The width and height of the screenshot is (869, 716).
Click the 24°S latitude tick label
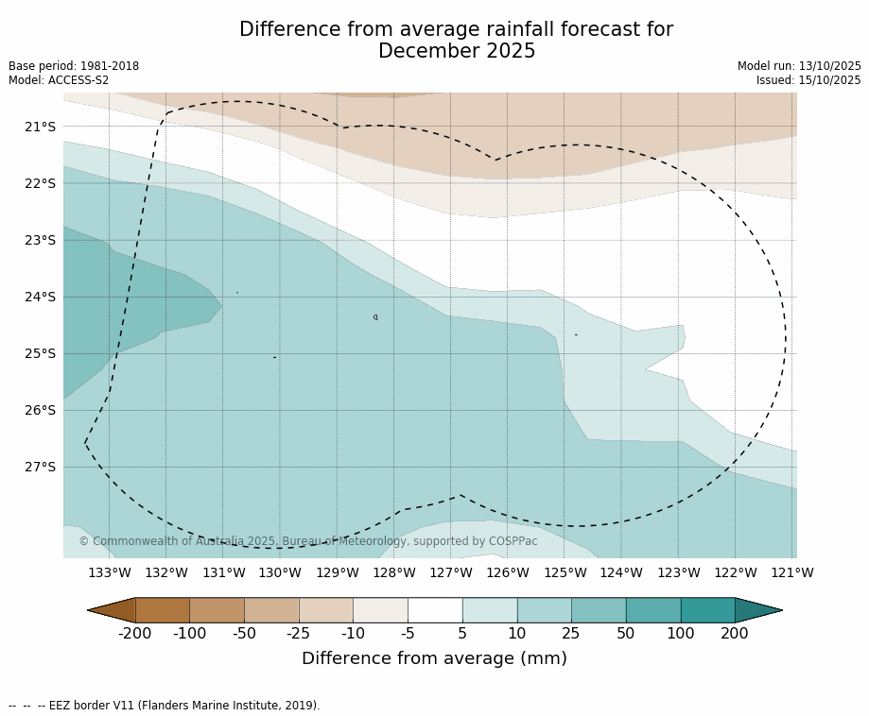click(x=40, y=297)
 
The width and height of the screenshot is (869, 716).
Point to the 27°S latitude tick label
click(x=40, y=467)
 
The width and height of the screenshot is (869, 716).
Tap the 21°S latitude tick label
click(x=40, y=127)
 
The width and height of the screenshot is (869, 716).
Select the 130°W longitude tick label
click(x=280, y=572)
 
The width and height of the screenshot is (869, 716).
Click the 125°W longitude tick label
click(x=565, y=572)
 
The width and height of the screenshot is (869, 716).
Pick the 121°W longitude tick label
click(x=792, y=572)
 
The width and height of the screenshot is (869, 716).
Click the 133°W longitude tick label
click(x=110, y=572)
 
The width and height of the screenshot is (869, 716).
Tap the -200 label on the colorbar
click(x=135, y=633)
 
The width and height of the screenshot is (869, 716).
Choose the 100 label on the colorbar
click(x=680, y=633)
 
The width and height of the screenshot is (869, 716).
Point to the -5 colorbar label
click(x=408, y=633)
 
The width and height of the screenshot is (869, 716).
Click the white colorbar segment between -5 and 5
click(x=435, y=610)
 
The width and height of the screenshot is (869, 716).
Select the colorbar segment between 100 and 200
click(x=707, y=610)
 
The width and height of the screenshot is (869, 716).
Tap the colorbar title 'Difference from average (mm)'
click(x=434, y=658)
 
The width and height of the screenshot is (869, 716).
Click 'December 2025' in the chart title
click(x=457, y=51)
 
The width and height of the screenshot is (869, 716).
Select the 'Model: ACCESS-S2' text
click(x=59, y=80)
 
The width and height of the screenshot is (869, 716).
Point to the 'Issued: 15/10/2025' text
click(x=808, y=80)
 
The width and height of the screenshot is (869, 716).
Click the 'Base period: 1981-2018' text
click(x=74, y=66)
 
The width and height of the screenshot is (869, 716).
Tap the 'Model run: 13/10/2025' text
click(x=799, y=66)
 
